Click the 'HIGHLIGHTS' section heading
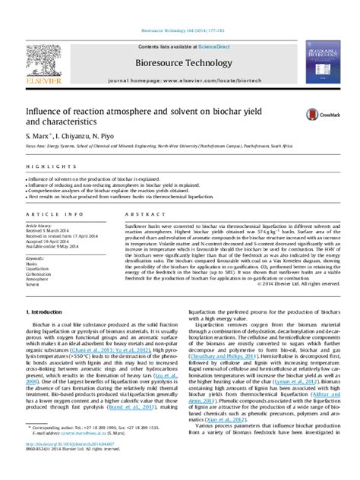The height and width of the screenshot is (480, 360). [42, 166]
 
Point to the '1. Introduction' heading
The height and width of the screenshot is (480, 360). [44, 311]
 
